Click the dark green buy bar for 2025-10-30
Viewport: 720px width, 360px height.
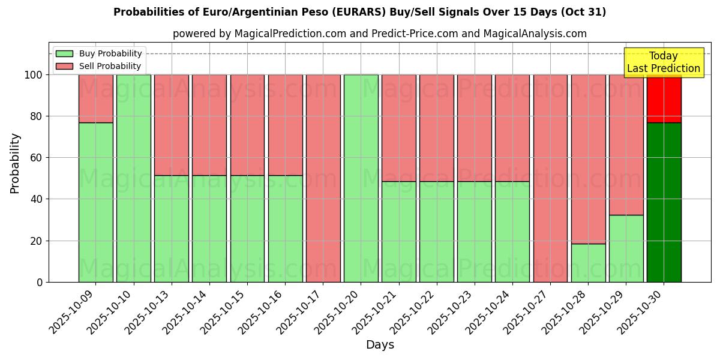click(664, 202)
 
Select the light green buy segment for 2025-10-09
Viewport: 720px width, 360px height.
click(95, 202)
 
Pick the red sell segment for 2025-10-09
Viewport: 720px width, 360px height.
click(95, 98)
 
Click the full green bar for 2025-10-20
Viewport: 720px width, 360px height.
click(361, 178)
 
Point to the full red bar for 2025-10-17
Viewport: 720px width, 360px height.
click(323, 178)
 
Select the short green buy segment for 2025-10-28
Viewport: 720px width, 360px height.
click(588, 263)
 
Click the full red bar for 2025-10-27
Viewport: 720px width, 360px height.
click(550, 178)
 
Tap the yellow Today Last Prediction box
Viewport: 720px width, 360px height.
click(663, 62)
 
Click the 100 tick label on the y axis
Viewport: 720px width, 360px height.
click(33, 75)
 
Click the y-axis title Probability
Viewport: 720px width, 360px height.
click(15, 163)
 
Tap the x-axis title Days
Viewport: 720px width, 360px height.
click(380, 345)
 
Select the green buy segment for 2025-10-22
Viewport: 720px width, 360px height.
click(436, 232)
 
